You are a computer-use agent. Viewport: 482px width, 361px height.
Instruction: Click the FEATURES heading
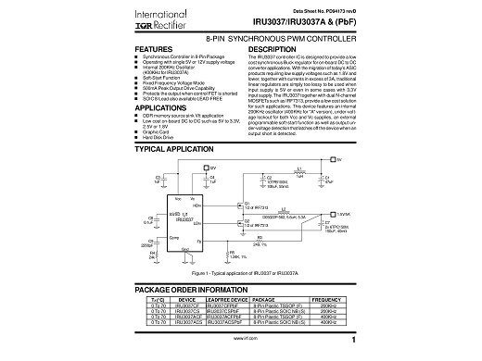(x=156, y=47)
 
